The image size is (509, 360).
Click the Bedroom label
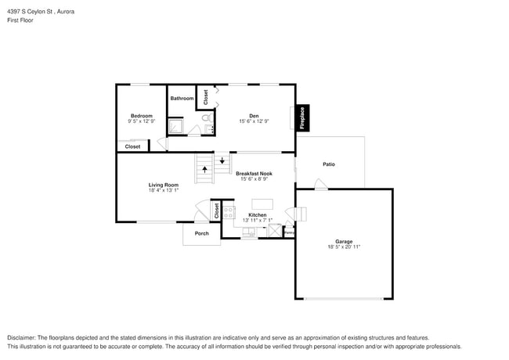(141, 116)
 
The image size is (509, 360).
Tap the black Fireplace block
(302, 117)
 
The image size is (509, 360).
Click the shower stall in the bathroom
(175, 126)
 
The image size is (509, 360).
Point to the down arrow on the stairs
(222, 161)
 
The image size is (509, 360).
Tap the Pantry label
(289, 232)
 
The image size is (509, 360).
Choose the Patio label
(329, 164)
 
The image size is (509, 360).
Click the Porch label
(202, 233)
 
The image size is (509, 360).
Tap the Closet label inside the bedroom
(133, 146)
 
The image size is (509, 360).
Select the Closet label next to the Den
(206, 97)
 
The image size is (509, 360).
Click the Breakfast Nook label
(254, 173)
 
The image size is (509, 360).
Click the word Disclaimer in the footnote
(23, 337)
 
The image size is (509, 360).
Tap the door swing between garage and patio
(320, 185)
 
